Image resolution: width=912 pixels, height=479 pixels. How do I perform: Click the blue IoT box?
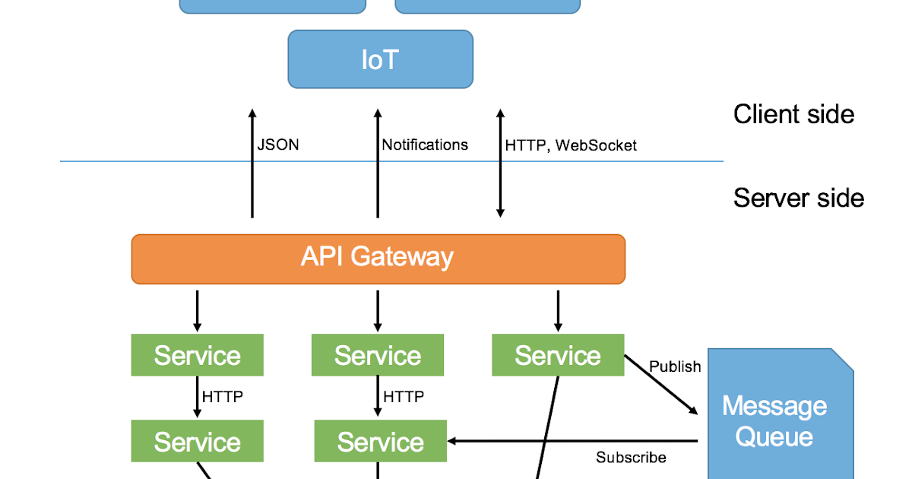pos(380,59)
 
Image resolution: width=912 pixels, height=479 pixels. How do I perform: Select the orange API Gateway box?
pos(378,259)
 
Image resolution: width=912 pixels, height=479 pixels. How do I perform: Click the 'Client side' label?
pos(793,114)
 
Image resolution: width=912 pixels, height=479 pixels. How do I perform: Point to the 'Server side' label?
pos(798,198)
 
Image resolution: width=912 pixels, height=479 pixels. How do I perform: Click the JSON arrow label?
pos(278,144)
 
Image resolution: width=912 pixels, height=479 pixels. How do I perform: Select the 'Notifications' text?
pos(425,144)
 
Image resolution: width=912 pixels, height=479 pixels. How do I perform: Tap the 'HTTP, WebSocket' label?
pos(571,145)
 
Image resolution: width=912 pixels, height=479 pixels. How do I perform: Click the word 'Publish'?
pos(675,366)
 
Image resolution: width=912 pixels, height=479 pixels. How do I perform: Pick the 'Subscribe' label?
pos(631,457)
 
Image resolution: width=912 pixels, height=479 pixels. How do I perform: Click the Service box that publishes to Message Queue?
pos(558,355)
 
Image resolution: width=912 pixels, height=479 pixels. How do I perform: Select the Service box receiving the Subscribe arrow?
pos(380,442)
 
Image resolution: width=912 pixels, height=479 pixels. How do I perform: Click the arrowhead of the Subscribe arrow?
pos(452,441)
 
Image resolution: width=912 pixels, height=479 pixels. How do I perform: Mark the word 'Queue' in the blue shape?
pos(774,437)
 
